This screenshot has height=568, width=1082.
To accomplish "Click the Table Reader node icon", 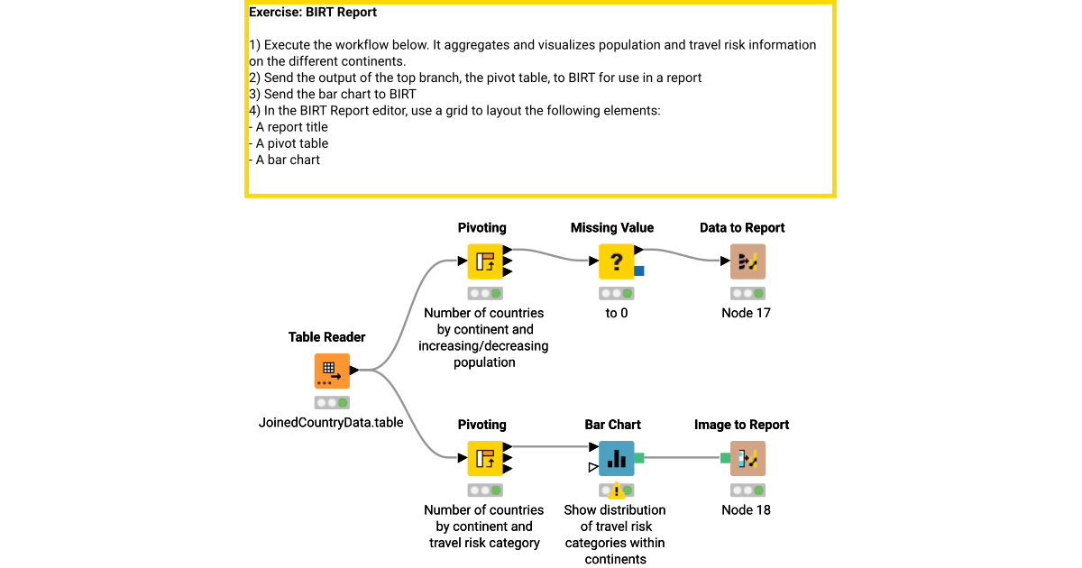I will pos(331,371).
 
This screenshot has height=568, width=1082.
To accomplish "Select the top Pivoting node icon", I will pos(484,261).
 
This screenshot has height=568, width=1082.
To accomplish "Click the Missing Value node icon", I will pos(616,261).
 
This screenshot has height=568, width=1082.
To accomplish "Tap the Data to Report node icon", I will pos(747,261).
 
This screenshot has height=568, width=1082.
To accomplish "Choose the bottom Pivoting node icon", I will pos(484,458).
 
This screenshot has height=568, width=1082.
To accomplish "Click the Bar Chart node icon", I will pos(616,458).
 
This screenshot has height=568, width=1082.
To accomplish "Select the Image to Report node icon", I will pos(747,458).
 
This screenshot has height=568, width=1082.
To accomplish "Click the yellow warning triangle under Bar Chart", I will pos(617,490).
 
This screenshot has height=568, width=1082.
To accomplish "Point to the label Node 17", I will pos(747,313).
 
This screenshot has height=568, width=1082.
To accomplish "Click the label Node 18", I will pos(747,509).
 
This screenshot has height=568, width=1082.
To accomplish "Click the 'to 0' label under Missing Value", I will pos(616,313).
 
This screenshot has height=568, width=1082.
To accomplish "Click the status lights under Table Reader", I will pos(331,403).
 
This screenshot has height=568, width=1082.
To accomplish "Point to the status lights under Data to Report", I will pos(747,294).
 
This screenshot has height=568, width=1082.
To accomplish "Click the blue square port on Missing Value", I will pos(639,270).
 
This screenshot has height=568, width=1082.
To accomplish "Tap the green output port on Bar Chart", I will pos(639,458).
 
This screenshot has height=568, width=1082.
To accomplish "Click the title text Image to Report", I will pos(741,425).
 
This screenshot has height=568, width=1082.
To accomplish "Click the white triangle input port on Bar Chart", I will pos(592,467).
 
